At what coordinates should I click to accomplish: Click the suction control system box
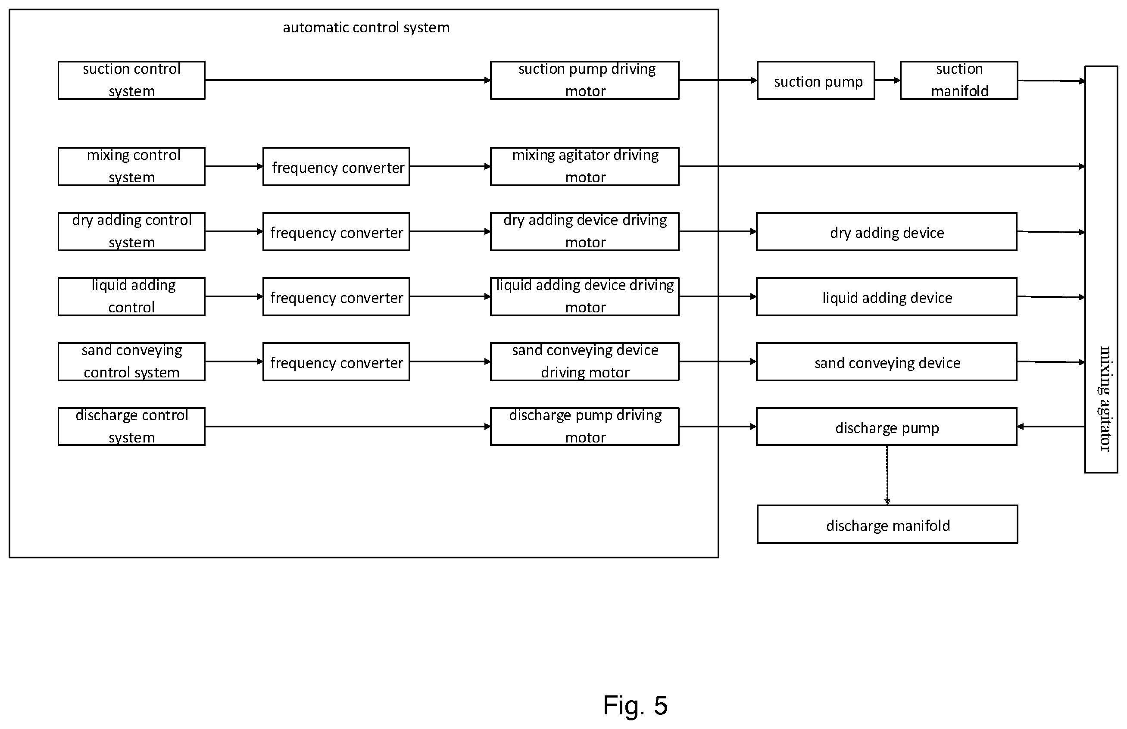tap(131, 80)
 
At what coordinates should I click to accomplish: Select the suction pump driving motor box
tap(584, 80)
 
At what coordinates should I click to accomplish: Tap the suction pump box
tap(816, 80)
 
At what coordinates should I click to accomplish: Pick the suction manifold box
tap(959, 80)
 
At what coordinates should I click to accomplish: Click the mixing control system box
tap(131, 167)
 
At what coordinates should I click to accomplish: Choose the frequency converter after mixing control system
tap(336, 167)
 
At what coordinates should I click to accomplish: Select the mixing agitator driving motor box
tap(584, 167)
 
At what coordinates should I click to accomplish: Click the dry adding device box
tap(887, 231)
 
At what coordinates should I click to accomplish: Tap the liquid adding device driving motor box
tap(584, 296)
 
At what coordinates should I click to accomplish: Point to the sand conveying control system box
tap(131, 361)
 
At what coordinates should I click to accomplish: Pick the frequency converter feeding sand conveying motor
tap(336, 361)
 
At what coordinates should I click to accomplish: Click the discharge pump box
tap(887, 427)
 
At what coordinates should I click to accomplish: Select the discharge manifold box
tap(887, 524)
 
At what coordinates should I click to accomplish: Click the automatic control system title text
tap(366, 28)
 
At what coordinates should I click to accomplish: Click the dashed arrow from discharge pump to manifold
tap(887, 475)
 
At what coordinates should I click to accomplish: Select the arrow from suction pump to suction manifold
tap(887, 81)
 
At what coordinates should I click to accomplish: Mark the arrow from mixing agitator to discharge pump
tap(1051, 427)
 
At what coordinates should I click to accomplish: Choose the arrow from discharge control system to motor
tap(347, 427)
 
